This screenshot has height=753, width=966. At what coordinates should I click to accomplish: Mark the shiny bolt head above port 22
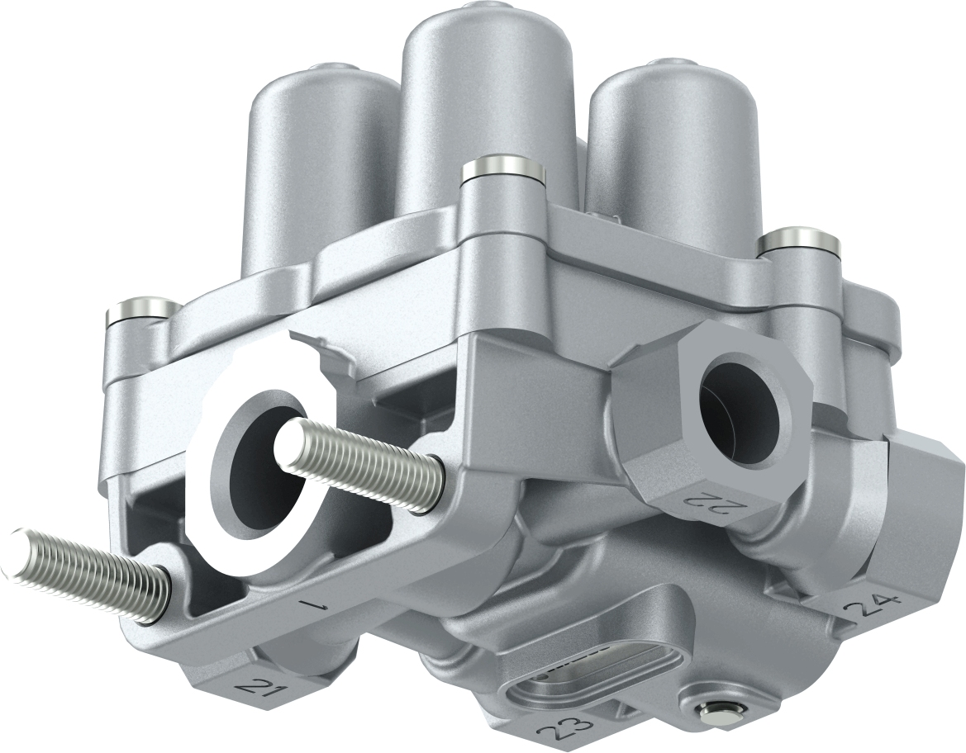tap(799, 242)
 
